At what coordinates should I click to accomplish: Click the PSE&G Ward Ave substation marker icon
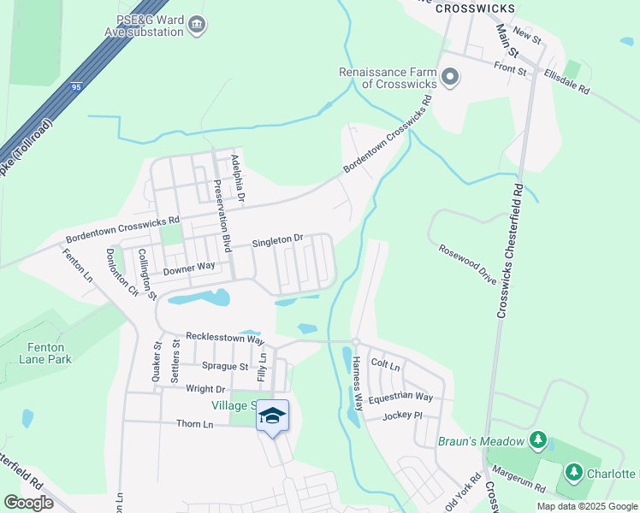[197, 24]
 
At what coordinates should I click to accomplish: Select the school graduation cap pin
[272, 416]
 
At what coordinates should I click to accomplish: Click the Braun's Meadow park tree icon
[537, 440]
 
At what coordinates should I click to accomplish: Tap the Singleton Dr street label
[278, 242]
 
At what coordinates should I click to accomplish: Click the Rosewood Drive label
[468, 263]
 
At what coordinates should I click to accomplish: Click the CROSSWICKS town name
[475, 8]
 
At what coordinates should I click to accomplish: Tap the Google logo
[29, 502]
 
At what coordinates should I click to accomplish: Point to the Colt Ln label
[386, 365]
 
